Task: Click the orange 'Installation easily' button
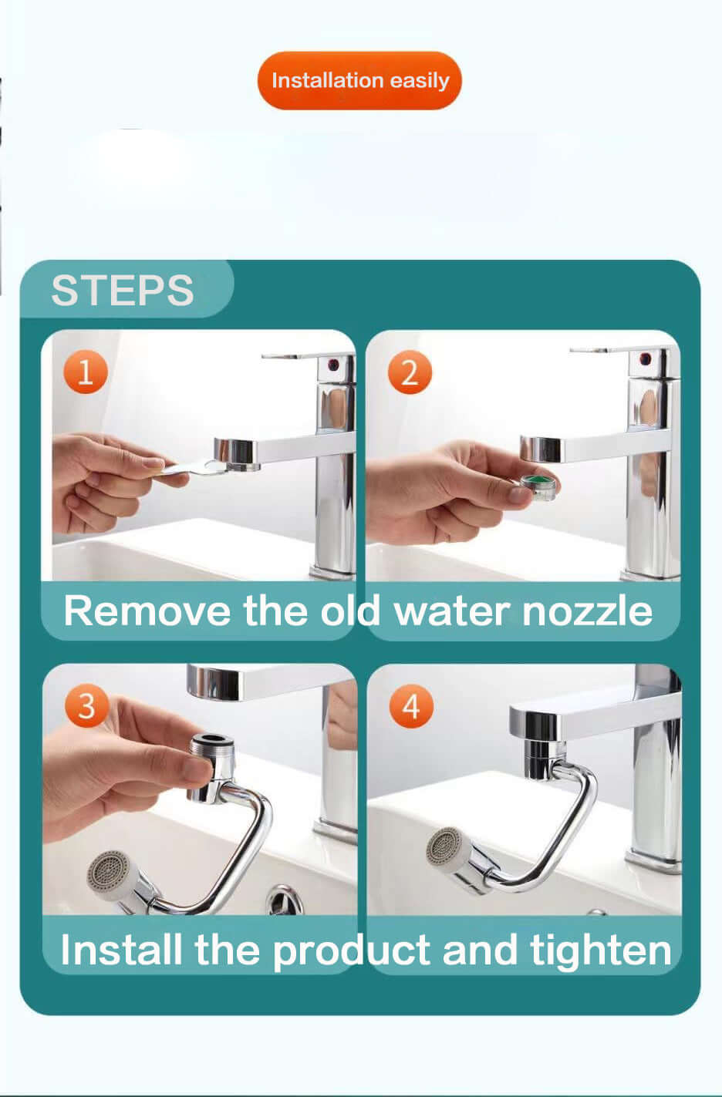click(359, 80)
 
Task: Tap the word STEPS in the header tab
click(123, 291)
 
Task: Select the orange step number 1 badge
click(86, 372)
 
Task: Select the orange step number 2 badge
click(410, 372)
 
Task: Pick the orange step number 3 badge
click(86, 705)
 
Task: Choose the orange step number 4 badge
click(411, 706)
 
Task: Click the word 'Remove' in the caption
click(147, 611)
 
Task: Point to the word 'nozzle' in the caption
click(587, 611)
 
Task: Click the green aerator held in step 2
click(538, 486)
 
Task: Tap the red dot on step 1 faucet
click(333, 364)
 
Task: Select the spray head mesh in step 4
click(444, 846)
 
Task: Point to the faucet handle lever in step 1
click(292, 355)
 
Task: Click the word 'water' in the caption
click(452, 611)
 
